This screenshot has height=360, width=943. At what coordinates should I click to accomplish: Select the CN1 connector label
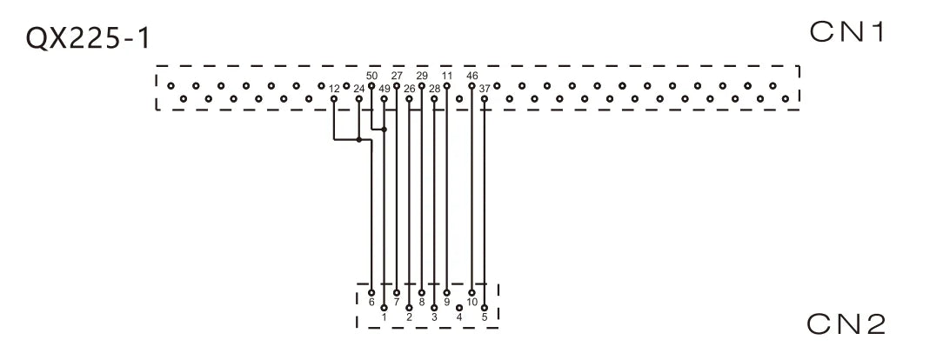[848, 32]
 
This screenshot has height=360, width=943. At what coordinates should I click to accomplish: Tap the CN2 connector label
[846, 324]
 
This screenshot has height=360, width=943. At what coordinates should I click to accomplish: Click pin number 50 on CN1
[371, 76]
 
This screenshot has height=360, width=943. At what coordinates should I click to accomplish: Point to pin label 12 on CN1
[334, 89]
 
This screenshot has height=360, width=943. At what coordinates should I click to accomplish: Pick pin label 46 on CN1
[472, 76]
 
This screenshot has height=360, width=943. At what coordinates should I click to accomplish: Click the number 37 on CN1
[485, 89]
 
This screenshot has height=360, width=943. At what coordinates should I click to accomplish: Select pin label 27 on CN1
[397, 76]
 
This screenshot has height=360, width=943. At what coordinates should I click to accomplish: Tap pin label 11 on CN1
[446, 76]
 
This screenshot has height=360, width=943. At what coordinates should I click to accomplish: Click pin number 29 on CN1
[422, 76]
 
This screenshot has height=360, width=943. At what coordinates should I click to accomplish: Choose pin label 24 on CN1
[359, 89]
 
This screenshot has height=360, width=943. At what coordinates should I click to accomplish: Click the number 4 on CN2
[459, 317]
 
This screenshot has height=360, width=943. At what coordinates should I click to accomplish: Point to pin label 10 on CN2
[472, 302]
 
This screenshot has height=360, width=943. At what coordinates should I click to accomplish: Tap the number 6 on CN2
[371, 302]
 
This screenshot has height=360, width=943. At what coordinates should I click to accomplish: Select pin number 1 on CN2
[385, 317]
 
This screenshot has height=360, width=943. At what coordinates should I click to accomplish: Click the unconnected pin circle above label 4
[459, 308]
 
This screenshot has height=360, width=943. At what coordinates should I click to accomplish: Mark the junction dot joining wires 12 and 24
[359, 140]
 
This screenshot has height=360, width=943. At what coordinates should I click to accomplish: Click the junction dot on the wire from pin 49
[385, 130]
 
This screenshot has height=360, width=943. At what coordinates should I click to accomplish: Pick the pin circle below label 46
[472, 86]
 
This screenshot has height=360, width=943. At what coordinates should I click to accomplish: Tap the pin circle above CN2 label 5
[485, 308]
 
